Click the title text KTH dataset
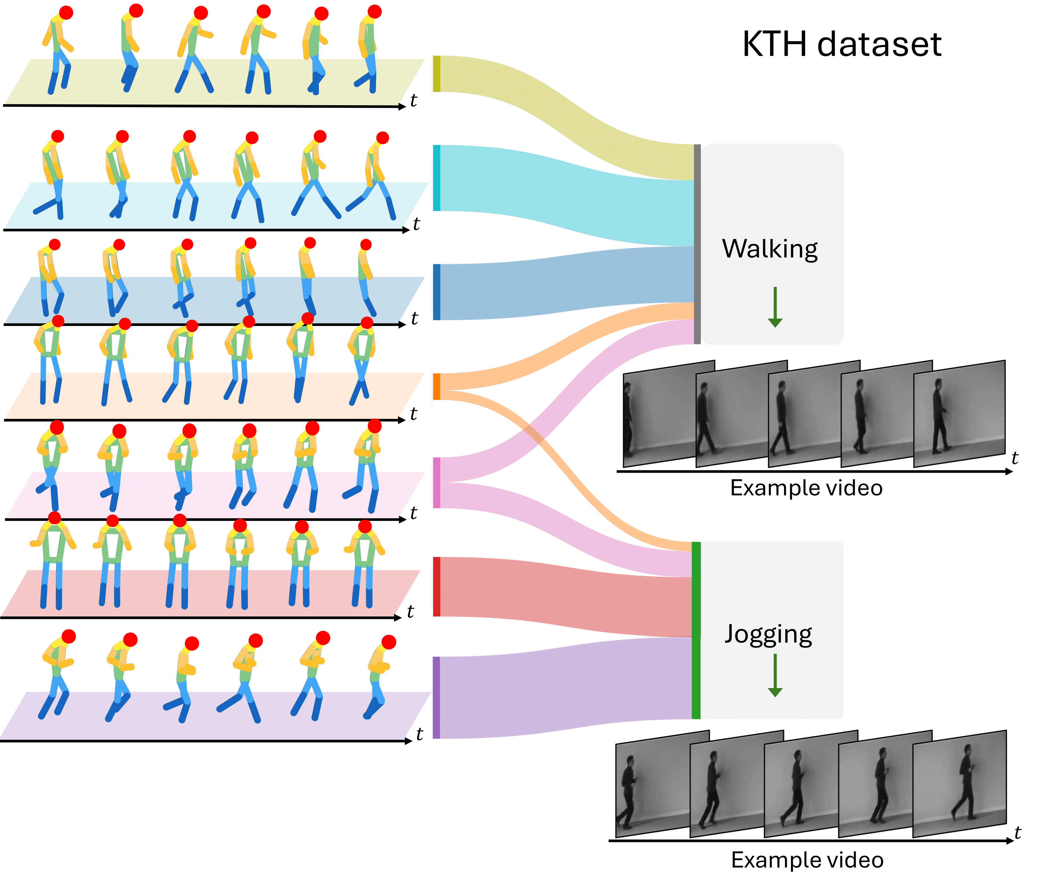pyautogui.click(x=841, y=45)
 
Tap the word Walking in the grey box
pyautogui.click(x=769, y=249)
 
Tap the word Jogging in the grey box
pyautogui.click(x=768, y=634)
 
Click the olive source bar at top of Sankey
pyautogui.click(x=436, y=74)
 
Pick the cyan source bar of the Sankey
pyautogui.click(x=436, y=178)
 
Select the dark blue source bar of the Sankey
pyautogui.click(x=436, y=292)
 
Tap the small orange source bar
pyautogui.click(x=436, y=386)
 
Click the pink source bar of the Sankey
pyautogui.click(x=436, y=482)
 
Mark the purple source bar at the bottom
pyautogui.click(x=436, y=698)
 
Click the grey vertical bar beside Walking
pyautogui.click(x=697, y=244)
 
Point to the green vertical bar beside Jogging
pyautogui.click(x=696, y=630)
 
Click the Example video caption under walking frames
pyautogui.click(x=806, y=488)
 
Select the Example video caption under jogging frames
pyautogui.click(x=807, y=860)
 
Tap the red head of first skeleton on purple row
pyautogui.click(x=69, y=636)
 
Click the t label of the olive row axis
pyautogui.click(x=414, y=100)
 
